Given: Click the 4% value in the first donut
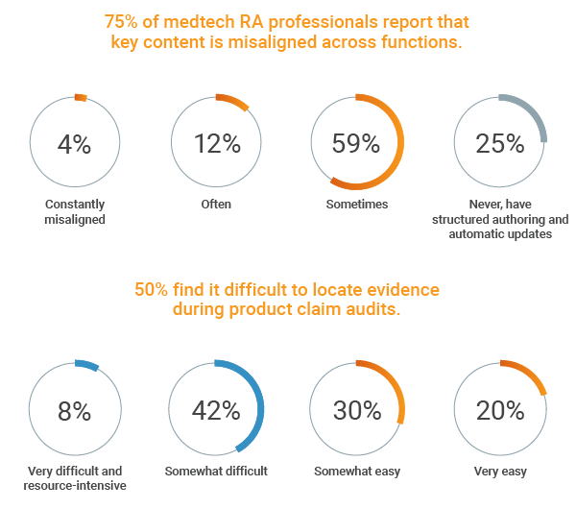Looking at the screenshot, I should (74, 144).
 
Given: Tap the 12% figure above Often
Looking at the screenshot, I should (217, 144).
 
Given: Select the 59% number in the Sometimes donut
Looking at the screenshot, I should (356, 144).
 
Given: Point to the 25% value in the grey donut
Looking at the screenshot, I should (500, 144).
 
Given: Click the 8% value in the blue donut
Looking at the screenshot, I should (74, 411).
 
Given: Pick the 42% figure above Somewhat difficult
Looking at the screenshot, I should (217, 411).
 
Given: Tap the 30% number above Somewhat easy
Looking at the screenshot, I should (356, 411).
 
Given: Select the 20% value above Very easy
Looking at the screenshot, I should (500, 411).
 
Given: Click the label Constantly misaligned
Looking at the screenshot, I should (74, 212).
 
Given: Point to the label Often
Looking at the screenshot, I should (216, 205).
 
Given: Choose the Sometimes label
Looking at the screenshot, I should (357, 205).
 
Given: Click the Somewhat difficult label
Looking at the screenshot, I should (217, 472).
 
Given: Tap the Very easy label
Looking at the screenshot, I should (500, 472).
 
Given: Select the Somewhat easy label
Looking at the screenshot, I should (357, 472).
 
